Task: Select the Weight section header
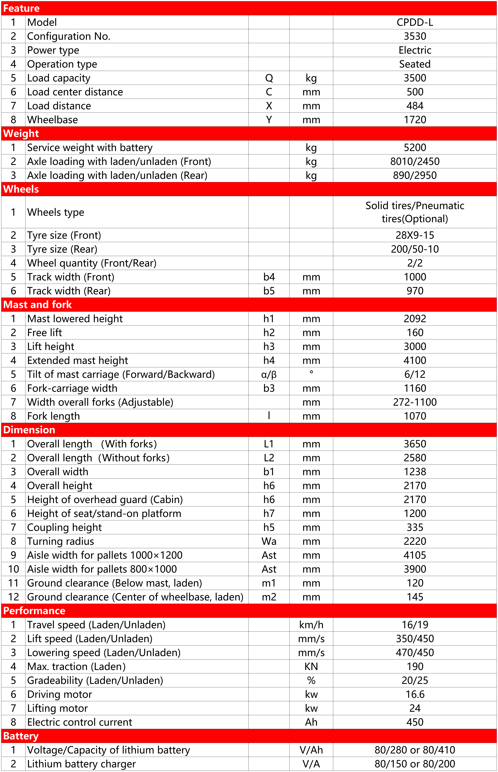[21, 134]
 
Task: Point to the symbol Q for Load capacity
[269, 78]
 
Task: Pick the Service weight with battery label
[90, 148]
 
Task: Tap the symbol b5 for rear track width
[269, 291]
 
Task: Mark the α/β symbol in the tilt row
[269, 374]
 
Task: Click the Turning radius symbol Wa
[269, 541]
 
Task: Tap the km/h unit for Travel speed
[311, 625]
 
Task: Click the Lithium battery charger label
[81, 764]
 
